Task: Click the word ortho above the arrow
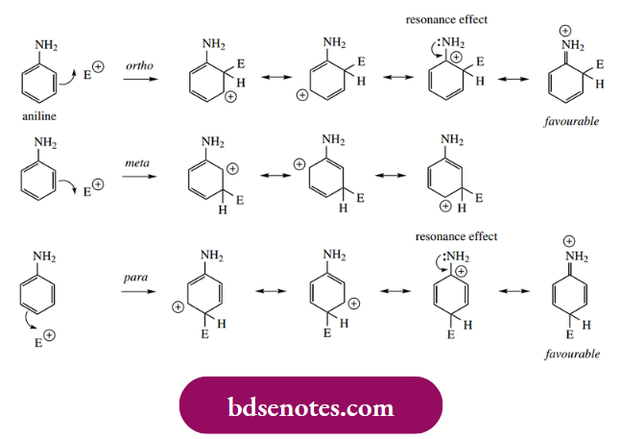tap(140, 65)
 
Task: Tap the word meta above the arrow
tap(138, 163)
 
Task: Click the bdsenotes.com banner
tap(310, 407)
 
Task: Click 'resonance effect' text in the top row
tap(446, 19)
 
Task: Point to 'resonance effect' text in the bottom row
tap(457, 236)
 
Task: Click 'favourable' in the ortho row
tap(572, 123)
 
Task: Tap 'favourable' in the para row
tap(572, 353)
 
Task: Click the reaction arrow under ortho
tap(140, 80)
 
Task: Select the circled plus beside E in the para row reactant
tap(48, 336)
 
